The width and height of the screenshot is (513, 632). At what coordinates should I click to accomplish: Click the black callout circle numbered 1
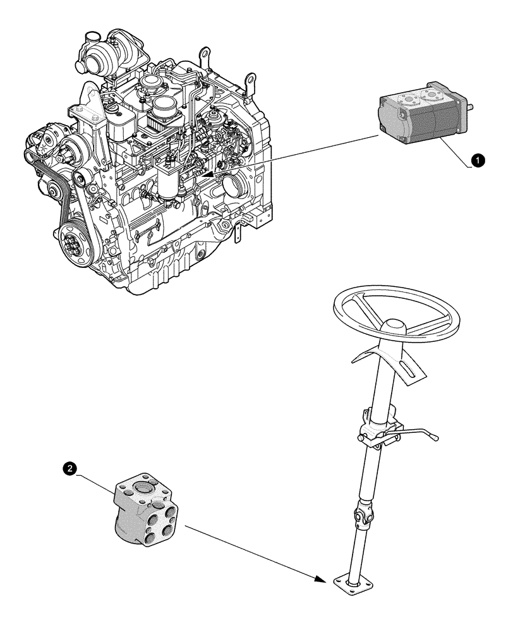[x=480, y=162]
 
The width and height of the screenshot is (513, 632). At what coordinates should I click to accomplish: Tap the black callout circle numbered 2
[x=72, y=468]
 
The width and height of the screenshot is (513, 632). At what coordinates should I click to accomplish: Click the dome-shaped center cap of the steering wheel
[x=395, y=327]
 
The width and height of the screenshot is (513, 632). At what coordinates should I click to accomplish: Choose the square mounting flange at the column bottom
[x=347, y=582]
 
